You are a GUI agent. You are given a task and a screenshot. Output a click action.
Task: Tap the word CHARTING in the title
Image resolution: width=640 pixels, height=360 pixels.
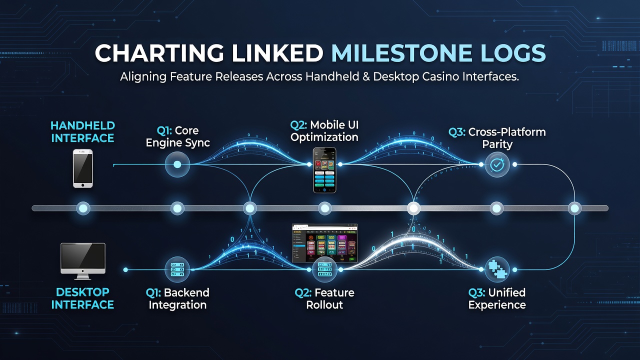click(159, 53)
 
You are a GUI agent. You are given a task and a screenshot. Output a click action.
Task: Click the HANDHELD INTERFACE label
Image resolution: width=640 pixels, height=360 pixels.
click(82, 132)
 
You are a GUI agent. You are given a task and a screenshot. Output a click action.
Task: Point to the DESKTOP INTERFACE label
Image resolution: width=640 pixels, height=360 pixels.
click(82, 298)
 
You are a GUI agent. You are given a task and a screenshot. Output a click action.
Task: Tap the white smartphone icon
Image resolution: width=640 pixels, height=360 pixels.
click(83, 168)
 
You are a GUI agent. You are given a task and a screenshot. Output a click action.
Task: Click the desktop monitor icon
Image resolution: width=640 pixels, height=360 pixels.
click(83, 261)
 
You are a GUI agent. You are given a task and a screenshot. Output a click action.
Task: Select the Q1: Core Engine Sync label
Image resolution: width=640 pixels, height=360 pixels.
click(177, 136)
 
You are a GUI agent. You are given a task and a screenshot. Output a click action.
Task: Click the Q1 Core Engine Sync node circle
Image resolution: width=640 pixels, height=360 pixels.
click(177, 164)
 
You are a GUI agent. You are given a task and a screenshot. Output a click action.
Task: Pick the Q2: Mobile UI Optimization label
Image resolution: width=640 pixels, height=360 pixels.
click(324, 131)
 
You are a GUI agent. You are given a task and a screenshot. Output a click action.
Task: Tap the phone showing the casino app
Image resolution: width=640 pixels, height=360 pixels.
click(324, 170)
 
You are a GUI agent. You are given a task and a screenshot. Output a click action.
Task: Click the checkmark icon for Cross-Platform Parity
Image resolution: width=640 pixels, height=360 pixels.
click(497, 164)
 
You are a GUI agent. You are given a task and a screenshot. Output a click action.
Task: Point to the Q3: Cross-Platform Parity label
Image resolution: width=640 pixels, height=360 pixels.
click(497, 138)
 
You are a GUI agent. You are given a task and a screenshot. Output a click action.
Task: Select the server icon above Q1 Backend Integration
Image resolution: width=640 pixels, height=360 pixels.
click(177, 269)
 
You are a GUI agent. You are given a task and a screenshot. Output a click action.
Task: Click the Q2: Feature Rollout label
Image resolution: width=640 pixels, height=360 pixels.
click(324, 298)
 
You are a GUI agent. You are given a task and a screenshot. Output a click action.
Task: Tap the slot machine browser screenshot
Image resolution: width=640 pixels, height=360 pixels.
click(324, 243)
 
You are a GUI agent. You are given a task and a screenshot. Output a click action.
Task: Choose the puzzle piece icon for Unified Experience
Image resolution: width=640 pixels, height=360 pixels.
click(497, 269)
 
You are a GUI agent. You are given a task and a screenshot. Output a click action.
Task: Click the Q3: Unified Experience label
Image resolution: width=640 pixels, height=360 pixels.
click(497, 298)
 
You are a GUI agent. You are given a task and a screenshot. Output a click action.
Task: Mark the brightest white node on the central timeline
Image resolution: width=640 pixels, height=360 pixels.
click(413, 208)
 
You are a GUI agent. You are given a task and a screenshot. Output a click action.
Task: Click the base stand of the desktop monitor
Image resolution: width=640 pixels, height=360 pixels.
click(83, 277)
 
